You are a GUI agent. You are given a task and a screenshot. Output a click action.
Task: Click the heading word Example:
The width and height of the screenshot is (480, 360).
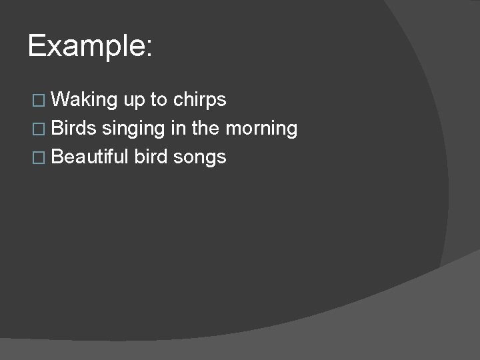pos(91,47)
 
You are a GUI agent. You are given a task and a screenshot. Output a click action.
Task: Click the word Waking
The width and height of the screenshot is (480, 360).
pos(84,100)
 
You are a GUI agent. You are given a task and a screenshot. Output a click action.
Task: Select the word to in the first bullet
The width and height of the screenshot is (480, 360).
pos(159,100)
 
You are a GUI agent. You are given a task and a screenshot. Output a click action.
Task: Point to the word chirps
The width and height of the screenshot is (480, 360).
pos(200,101)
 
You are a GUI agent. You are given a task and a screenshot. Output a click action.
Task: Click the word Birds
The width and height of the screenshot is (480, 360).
pos(73,128)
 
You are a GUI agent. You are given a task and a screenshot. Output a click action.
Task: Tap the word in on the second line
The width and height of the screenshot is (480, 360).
pos(177,128)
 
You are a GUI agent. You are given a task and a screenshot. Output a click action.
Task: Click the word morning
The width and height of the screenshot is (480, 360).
pos(262,129)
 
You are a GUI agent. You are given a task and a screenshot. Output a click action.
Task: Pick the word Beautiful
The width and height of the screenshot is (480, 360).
pos(89,157)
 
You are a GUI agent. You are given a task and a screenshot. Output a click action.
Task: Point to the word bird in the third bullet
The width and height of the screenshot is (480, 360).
pos(151,157)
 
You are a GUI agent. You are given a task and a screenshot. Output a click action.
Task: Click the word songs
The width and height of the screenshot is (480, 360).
pos(200,158)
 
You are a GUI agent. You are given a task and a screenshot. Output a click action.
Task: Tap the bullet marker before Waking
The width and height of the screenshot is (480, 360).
pos(37,101)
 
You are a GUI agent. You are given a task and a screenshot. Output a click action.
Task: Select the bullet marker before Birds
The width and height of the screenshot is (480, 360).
pos(37,129)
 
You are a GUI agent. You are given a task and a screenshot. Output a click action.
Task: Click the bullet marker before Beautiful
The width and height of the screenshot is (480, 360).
pos(37,157)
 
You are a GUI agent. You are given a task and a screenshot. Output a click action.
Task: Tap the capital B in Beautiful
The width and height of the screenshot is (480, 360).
pos(57,157)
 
